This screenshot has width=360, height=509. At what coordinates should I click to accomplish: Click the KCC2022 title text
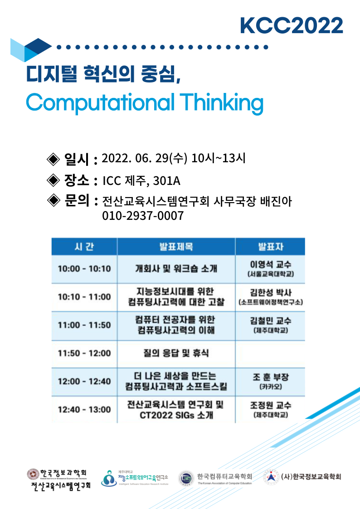tap(291, 25)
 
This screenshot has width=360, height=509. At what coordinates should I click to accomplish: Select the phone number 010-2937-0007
tap(143, 216)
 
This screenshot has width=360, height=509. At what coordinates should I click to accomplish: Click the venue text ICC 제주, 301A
tap(141, 181)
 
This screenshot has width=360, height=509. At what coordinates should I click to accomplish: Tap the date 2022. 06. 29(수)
tap(145, 158)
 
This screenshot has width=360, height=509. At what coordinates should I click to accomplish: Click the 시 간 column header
tap(84, 247)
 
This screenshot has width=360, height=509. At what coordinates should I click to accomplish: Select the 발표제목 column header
tap(176, 247)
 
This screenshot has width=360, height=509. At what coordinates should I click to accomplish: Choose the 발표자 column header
tap(270, 247)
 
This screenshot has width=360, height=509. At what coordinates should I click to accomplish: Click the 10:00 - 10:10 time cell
tap(84, 269)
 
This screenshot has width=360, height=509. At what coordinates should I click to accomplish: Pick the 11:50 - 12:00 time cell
tap(84, 353)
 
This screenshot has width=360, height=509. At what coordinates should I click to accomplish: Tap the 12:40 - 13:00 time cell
tap(84, 410)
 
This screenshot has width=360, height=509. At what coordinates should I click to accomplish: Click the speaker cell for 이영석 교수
tap(270, 269)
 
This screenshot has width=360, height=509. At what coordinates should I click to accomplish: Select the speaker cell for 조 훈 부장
tap(270, 382)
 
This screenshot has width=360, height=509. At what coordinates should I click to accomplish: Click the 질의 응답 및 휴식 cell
tap(176, 353)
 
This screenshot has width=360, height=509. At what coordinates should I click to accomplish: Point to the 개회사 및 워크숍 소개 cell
tap(176, 269)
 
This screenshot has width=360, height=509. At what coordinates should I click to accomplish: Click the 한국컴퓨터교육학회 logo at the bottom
tap(215, 478)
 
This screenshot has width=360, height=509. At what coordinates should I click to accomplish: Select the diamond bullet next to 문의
tap(53, 200)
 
